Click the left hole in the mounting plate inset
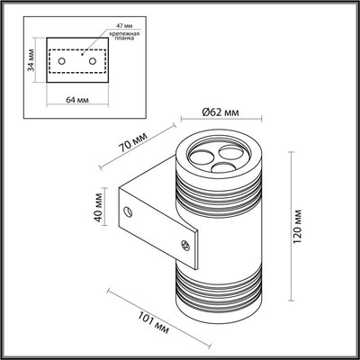coord(62,61)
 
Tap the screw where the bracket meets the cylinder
coord(187,241)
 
